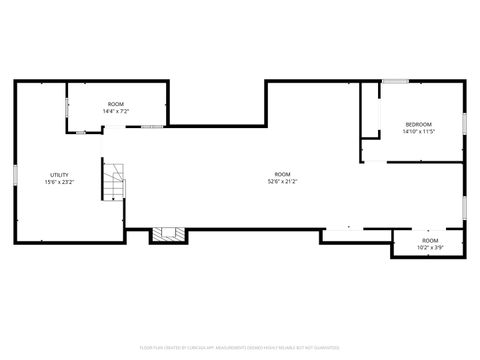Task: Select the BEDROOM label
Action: pos(418,124)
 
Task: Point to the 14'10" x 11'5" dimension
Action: pos(418,132)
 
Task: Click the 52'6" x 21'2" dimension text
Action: pos(283,182)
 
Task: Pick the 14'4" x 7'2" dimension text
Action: pos(116,111)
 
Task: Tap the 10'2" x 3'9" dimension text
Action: pos(430,247)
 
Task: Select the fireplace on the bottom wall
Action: pos(167,235)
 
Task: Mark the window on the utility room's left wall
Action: pos(15,175)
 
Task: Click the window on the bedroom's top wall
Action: pos(395,81)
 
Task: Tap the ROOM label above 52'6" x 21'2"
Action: pos(283,174)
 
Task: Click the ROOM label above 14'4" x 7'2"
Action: pos(116,104)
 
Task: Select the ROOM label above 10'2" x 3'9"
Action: pos(430,240)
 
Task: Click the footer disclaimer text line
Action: pos(240,348)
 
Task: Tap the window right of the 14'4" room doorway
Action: pos(152,127)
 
